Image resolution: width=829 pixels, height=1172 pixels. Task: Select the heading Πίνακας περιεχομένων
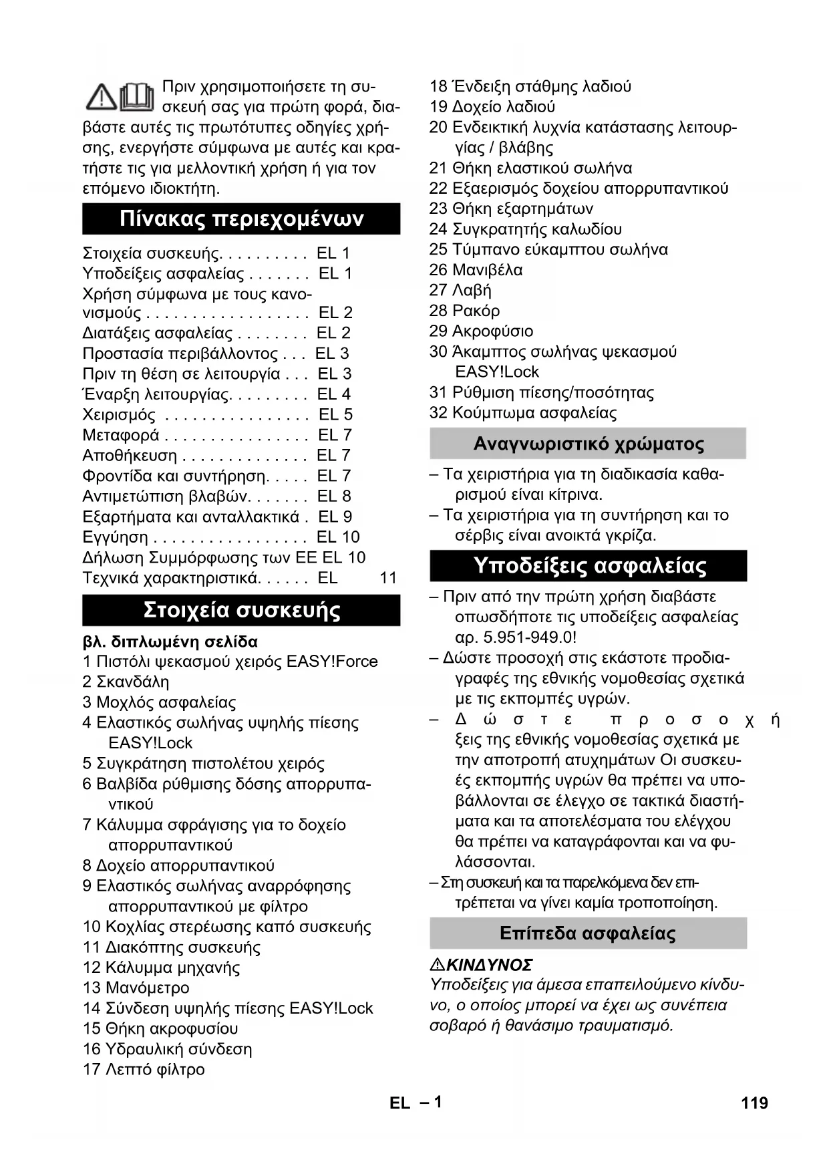pyautogui.click(x=241, y=218)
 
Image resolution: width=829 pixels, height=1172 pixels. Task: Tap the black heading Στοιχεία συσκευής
pyautogui.click(x=241, y=610)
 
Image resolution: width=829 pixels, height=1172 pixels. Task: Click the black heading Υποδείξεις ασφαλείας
pyautogui.click(x=589, y=566)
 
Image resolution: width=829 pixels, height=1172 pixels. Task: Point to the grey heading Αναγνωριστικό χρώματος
pyautogui.click(x=588, y=444)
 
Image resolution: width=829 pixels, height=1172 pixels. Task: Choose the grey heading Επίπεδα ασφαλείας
pyautogui.click(x=588, y=933)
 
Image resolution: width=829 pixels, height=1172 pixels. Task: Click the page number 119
pyautogui.click(x=754, y=1103)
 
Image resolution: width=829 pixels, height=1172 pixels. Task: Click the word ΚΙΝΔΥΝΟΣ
pyautogui.click(x=489, y=965)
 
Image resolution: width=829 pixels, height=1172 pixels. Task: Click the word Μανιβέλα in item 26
pyautogui.click(x=488, y=270)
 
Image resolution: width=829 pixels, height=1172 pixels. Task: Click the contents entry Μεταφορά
pyautogui.click(x=121, y=435)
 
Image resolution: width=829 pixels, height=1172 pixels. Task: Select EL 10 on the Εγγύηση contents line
pyautogui.click(x=338, y=537)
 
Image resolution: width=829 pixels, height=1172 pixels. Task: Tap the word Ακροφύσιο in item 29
pyautogui.click(x=492, y=331)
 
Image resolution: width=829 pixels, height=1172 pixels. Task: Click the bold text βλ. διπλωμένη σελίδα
pyautogui.click(x=170, y=641)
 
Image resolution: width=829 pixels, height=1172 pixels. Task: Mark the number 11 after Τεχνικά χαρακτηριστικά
pyautogui.click(x=388, y=578)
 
